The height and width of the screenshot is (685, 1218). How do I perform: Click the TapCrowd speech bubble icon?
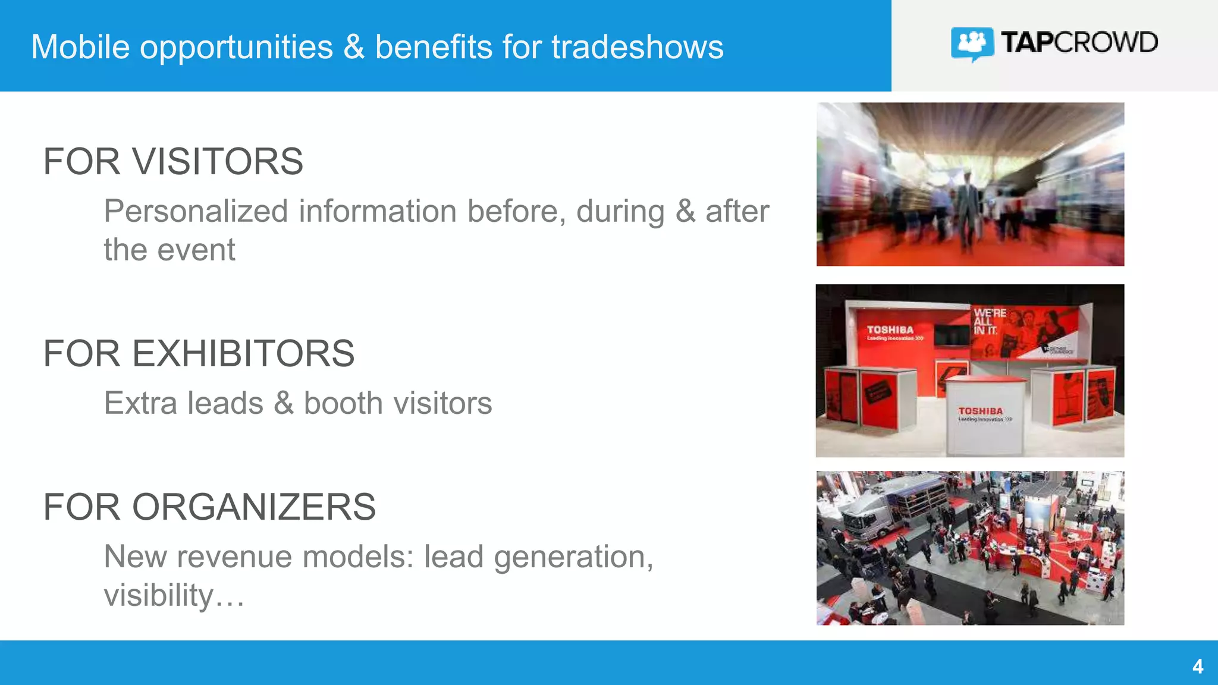(x=972, y=43)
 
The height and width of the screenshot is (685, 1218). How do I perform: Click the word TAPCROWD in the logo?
(x=1079, y=43)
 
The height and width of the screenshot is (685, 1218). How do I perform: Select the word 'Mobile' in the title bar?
(x=80, y=47)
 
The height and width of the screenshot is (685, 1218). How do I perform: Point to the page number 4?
(x=1198, y=666)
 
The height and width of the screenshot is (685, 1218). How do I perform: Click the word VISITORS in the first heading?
(x=218, y=162)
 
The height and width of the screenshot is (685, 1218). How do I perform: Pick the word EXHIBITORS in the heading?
(x=243, y=354)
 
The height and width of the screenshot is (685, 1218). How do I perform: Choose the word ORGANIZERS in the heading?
(x=254, y=507)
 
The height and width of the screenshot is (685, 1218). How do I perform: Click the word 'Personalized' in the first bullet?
(x=196, y=212)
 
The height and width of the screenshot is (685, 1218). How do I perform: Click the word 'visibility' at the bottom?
(x=158, y=595)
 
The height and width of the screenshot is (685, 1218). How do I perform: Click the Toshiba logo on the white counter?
(x=980, y=411)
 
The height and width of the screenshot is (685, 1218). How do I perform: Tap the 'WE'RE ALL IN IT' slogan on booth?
(x=989, y=322)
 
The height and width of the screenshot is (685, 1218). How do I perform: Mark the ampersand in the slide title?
(x=354, y=47)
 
